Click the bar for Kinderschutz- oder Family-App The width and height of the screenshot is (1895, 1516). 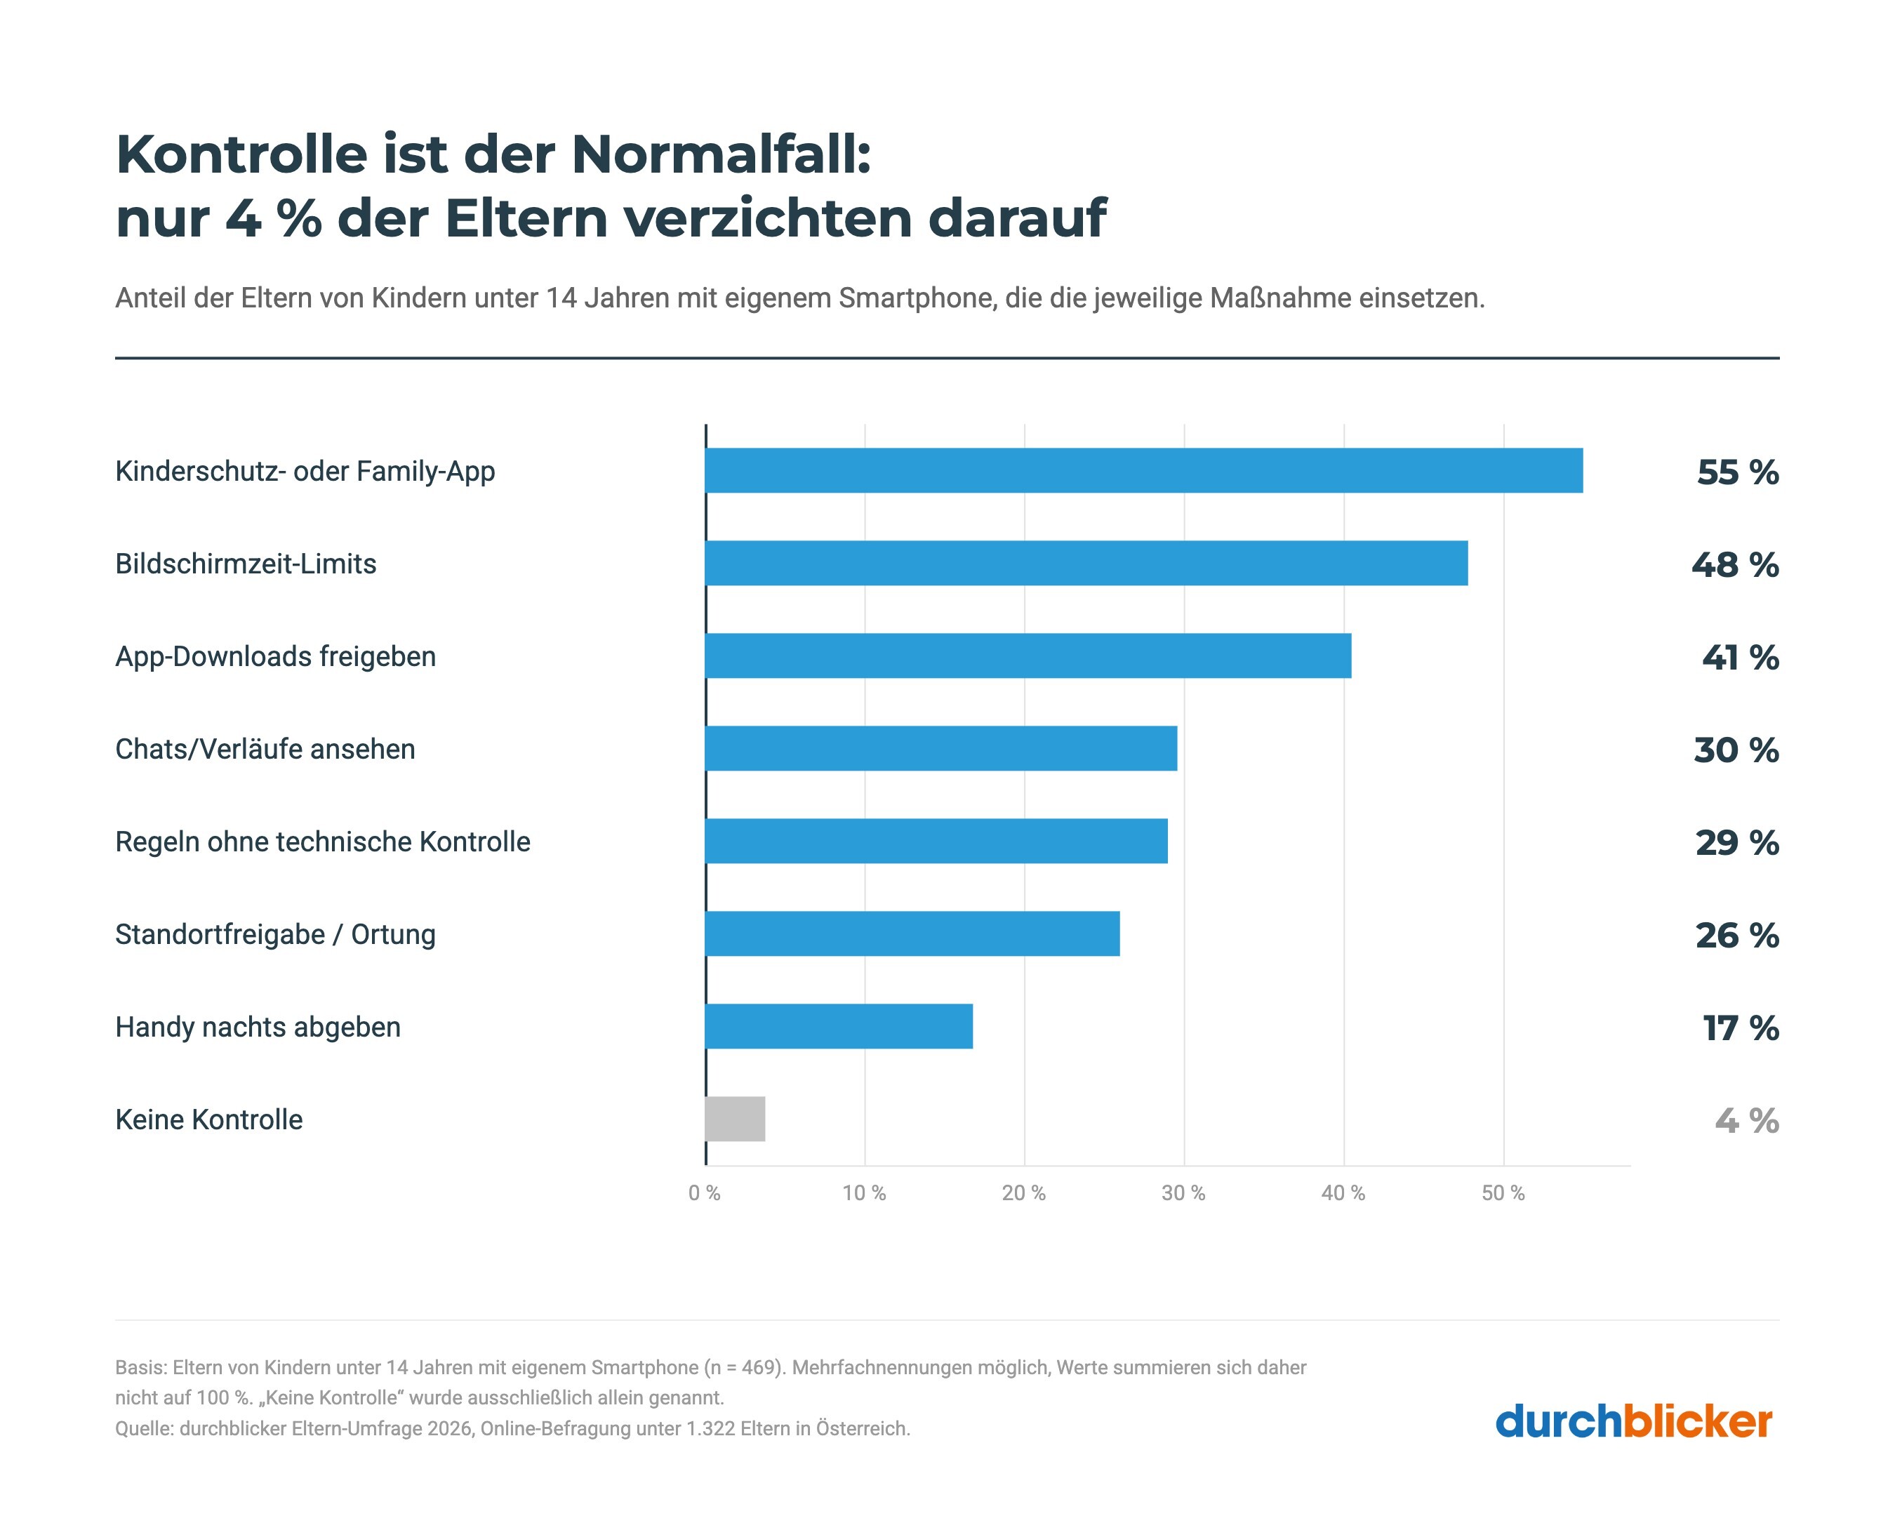1143,470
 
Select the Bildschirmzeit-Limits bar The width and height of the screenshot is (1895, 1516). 1086,562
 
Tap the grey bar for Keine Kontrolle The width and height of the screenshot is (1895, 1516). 735,1119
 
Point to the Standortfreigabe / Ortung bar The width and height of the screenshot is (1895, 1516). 912,933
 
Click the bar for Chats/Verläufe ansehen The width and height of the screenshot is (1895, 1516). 940,748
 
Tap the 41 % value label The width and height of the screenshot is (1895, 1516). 1741,658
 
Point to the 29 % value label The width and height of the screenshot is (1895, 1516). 1738,843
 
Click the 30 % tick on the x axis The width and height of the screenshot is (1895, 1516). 1183,1193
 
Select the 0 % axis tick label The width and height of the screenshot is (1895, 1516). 704,1193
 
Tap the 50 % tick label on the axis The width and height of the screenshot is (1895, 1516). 1503,1193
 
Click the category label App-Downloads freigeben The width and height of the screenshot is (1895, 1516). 275,656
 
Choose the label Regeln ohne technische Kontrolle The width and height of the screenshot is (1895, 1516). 323,842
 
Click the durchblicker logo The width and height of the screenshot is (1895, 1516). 1634,1422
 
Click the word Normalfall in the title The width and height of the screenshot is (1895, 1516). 721,154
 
